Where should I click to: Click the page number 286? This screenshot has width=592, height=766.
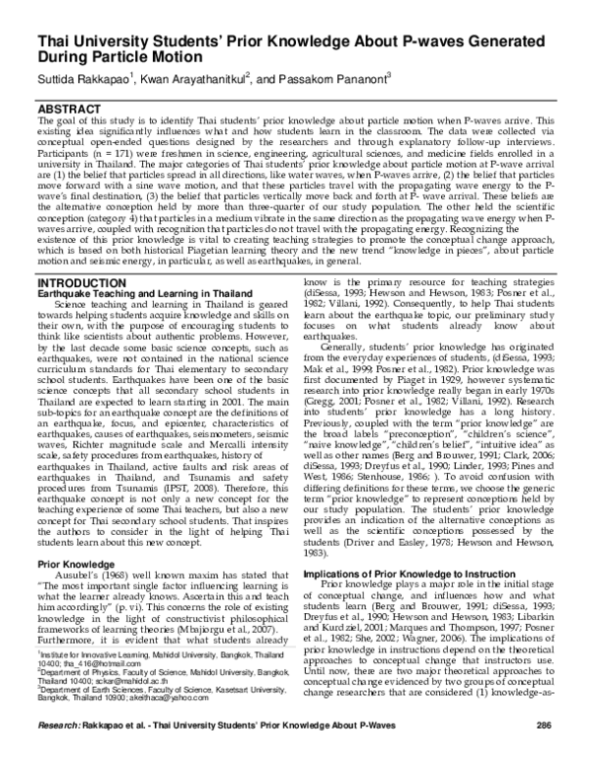(x=543, y=753)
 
